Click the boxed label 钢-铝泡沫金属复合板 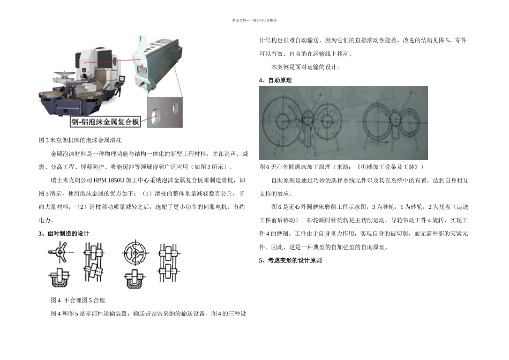click(x=106, y=122)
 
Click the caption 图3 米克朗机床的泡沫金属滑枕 click(x=80, y=140)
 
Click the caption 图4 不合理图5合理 click(x=78, y=300)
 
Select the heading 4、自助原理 click(x=275, y=80)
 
